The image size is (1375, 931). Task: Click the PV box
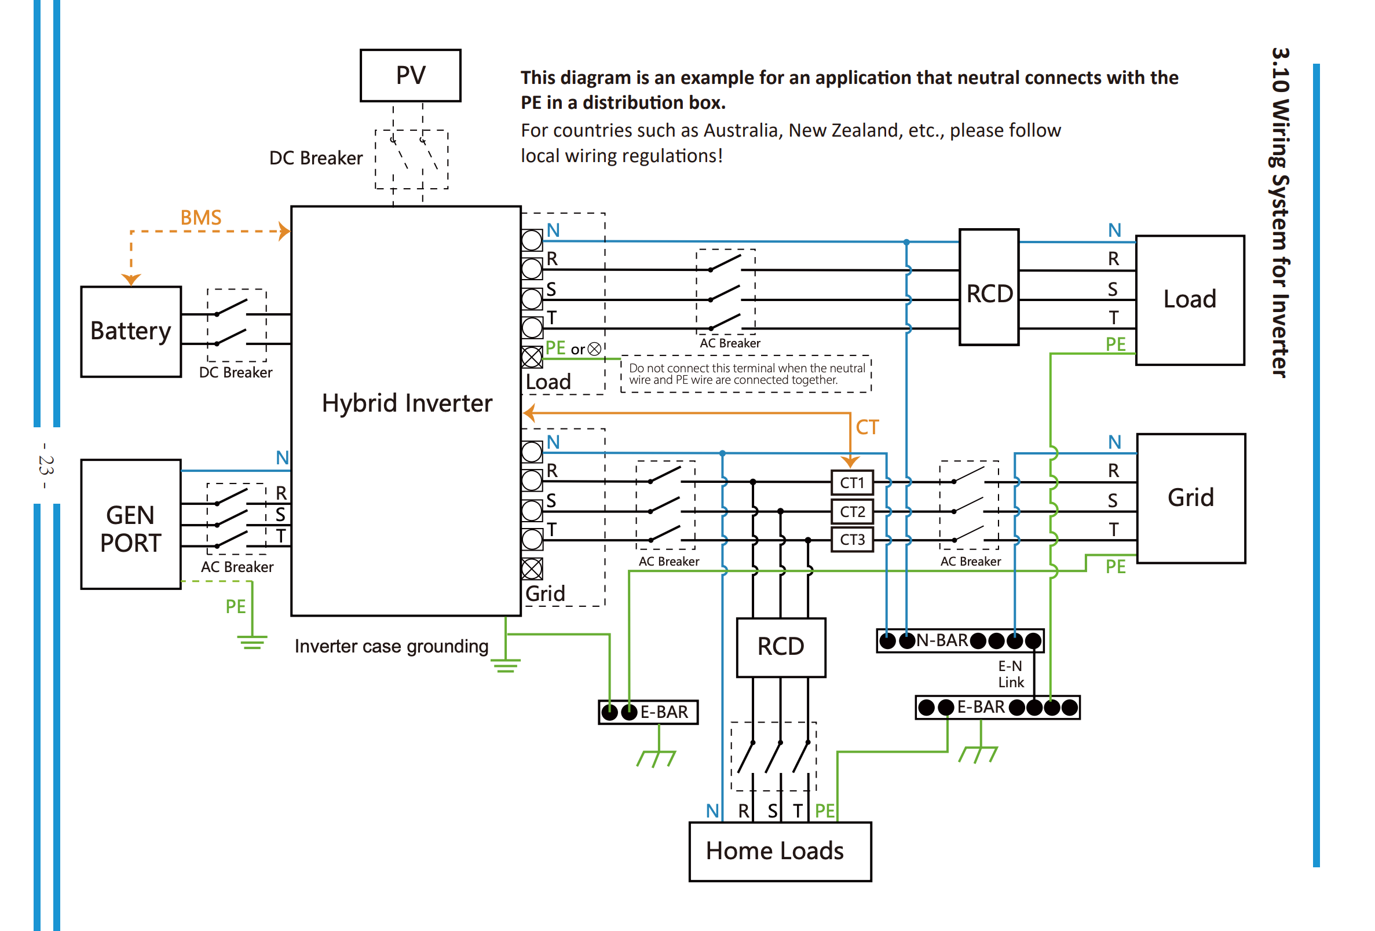tap(411, 75)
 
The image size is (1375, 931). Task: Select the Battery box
tap(131, 331)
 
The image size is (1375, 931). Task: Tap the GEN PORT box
tap(131, 524)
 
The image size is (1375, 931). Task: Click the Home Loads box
tap(780, 851)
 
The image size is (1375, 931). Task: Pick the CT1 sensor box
tap(852, 483)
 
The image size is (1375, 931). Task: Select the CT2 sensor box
tap(852, 512)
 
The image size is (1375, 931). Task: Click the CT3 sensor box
tap(852, 540)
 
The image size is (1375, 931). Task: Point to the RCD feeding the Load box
tap(989, 287)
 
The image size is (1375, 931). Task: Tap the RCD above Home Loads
tap(780, 647)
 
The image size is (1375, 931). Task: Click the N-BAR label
tap(942, 640)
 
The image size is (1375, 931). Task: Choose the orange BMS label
tap(200, 218)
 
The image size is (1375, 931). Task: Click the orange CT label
tap(868, 427)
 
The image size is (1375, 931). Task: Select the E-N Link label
tap(1011, 674)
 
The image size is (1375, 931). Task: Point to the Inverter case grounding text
tap(391, 646)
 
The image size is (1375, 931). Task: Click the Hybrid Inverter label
tap(407, 403)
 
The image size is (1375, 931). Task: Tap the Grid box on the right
tap(1190, 498)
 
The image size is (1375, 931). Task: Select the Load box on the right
tap(1190, 300)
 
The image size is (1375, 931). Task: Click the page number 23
tap(46, 465)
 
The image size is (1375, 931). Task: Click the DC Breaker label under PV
tap(315, 158)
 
